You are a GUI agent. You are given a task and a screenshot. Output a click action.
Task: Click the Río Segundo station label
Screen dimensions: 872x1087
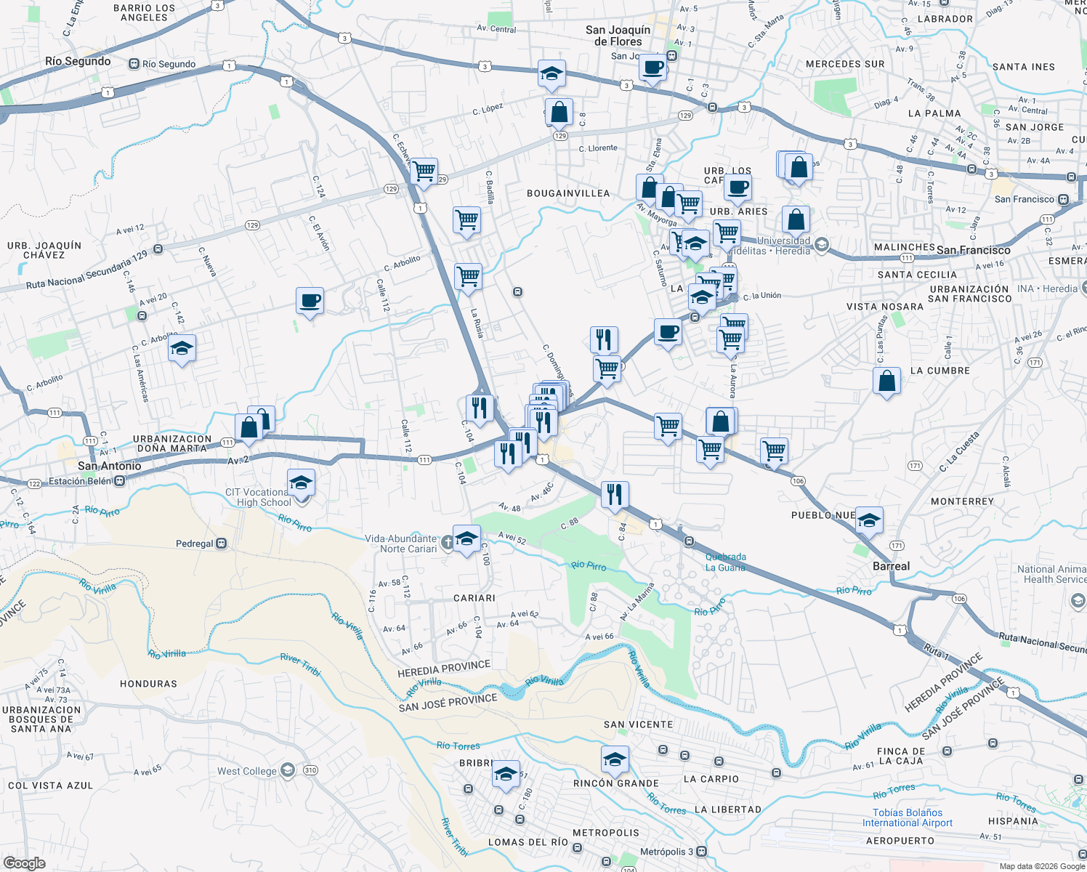click(x=169, y=64)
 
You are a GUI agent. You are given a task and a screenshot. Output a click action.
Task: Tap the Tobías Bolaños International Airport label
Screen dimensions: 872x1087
click(x=907, y=817)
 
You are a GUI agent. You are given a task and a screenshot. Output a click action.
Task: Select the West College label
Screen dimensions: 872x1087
click(x=247, y=771)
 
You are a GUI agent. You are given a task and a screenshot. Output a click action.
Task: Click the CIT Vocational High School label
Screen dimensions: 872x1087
click(x=258, y=497)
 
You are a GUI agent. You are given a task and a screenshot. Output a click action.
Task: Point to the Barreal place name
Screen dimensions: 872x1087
click(x=891, y=566)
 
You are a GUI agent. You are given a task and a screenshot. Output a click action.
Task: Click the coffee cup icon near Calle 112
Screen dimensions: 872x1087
click(x=310, y=301)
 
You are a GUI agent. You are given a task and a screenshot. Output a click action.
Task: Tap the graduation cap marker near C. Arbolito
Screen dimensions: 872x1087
click(x=182, y=350)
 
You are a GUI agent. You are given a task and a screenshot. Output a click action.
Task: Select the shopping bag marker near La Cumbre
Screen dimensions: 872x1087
click(x=886, y=381)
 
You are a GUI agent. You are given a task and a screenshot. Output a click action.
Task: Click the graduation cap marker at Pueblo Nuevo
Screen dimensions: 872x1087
click(x=868, y=520)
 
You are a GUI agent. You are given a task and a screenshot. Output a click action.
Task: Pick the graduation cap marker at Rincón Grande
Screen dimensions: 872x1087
click(x=615, y=760)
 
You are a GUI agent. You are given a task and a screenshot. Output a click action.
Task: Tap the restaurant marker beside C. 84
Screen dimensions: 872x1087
click(x=615, y=495)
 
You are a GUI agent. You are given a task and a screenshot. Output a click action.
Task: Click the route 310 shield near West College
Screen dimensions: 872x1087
click(x=310, y=770)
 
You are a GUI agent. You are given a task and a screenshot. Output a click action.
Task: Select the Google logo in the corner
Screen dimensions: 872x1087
click(x=25, y=863)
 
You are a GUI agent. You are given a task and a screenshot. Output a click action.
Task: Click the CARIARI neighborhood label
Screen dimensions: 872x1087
click(x=474, y=598)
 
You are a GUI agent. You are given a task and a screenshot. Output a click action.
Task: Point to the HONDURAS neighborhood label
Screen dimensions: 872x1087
click(x=148, y=684)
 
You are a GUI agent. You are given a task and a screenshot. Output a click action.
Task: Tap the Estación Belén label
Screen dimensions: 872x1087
click(x=80, y=481)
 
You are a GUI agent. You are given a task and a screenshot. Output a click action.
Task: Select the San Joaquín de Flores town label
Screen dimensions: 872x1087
click(x=618, y=36)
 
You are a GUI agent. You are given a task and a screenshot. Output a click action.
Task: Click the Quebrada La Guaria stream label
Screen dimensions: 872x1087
click(x=725, y=562)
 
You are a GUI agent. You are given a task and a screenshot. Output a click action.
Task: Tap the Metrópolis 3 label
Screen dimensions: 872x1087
click(x=668, y=852)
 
